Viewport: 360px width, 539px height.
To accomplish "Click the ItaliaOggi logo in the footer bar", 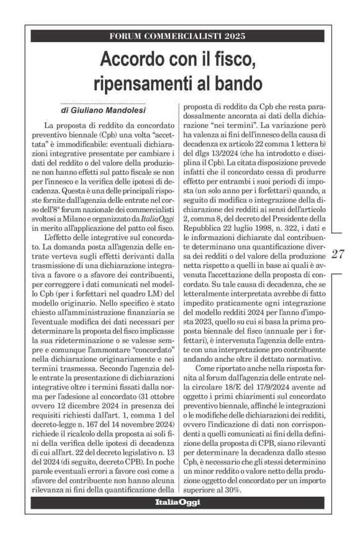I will (178, 502).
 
